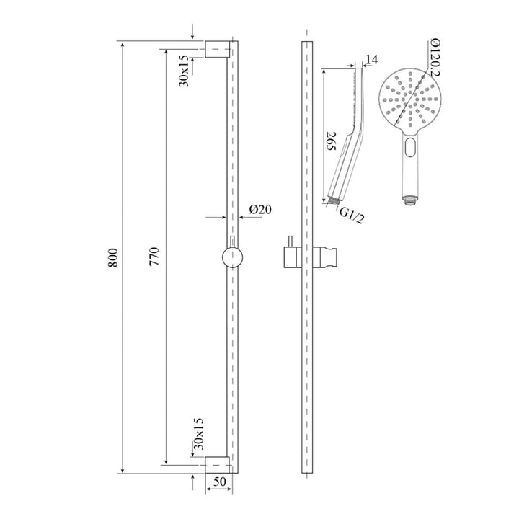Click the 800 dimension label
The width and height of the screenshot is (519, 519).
[113, 259]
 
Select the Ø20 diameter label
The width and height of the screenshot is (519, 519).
[259, 210]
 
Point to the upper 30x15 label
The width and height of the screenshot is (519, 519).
[185, 71]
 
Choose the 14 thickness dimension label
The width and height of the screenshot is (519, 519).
[371, 59]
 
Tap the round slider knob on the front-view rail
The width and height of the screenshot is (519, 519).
[232, 257]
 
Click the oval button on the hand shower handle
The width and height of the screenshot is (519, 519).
[410, 150]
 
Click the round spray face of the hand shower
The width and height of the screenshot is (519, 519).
[409, 97]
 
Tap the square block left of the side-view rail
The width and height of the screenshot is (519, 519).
[288, 257]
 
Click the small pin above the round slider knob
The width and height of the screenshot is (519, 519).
[232, 240]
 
